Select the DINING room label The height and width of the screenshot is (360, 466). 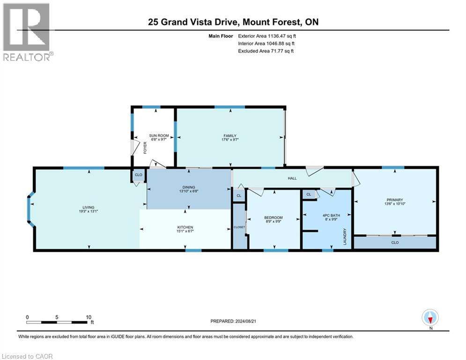189,187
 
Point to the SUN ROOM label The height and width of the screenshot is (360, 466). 159,135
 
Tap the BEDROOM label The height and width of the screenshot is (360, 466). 274,217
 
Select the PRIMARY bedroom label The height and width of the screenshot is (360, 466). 395,200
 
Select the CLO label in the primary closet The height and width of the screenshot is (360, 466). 395,243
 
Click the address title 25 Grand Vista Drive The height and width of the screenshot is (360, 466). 233,22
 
